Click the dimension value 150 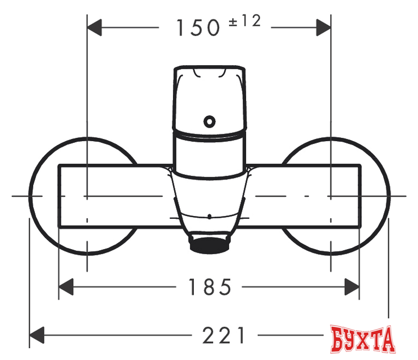(198, 28)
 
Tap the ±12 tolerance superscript (245, 21)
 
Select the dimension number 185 (209, 287)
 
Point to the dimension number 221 (224, 335)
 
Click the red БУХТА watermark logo (363, 339)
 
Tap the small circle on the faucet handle (209, 120)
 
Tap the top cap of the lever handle (210, 73)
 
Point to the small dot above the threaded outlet (209, 216)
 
